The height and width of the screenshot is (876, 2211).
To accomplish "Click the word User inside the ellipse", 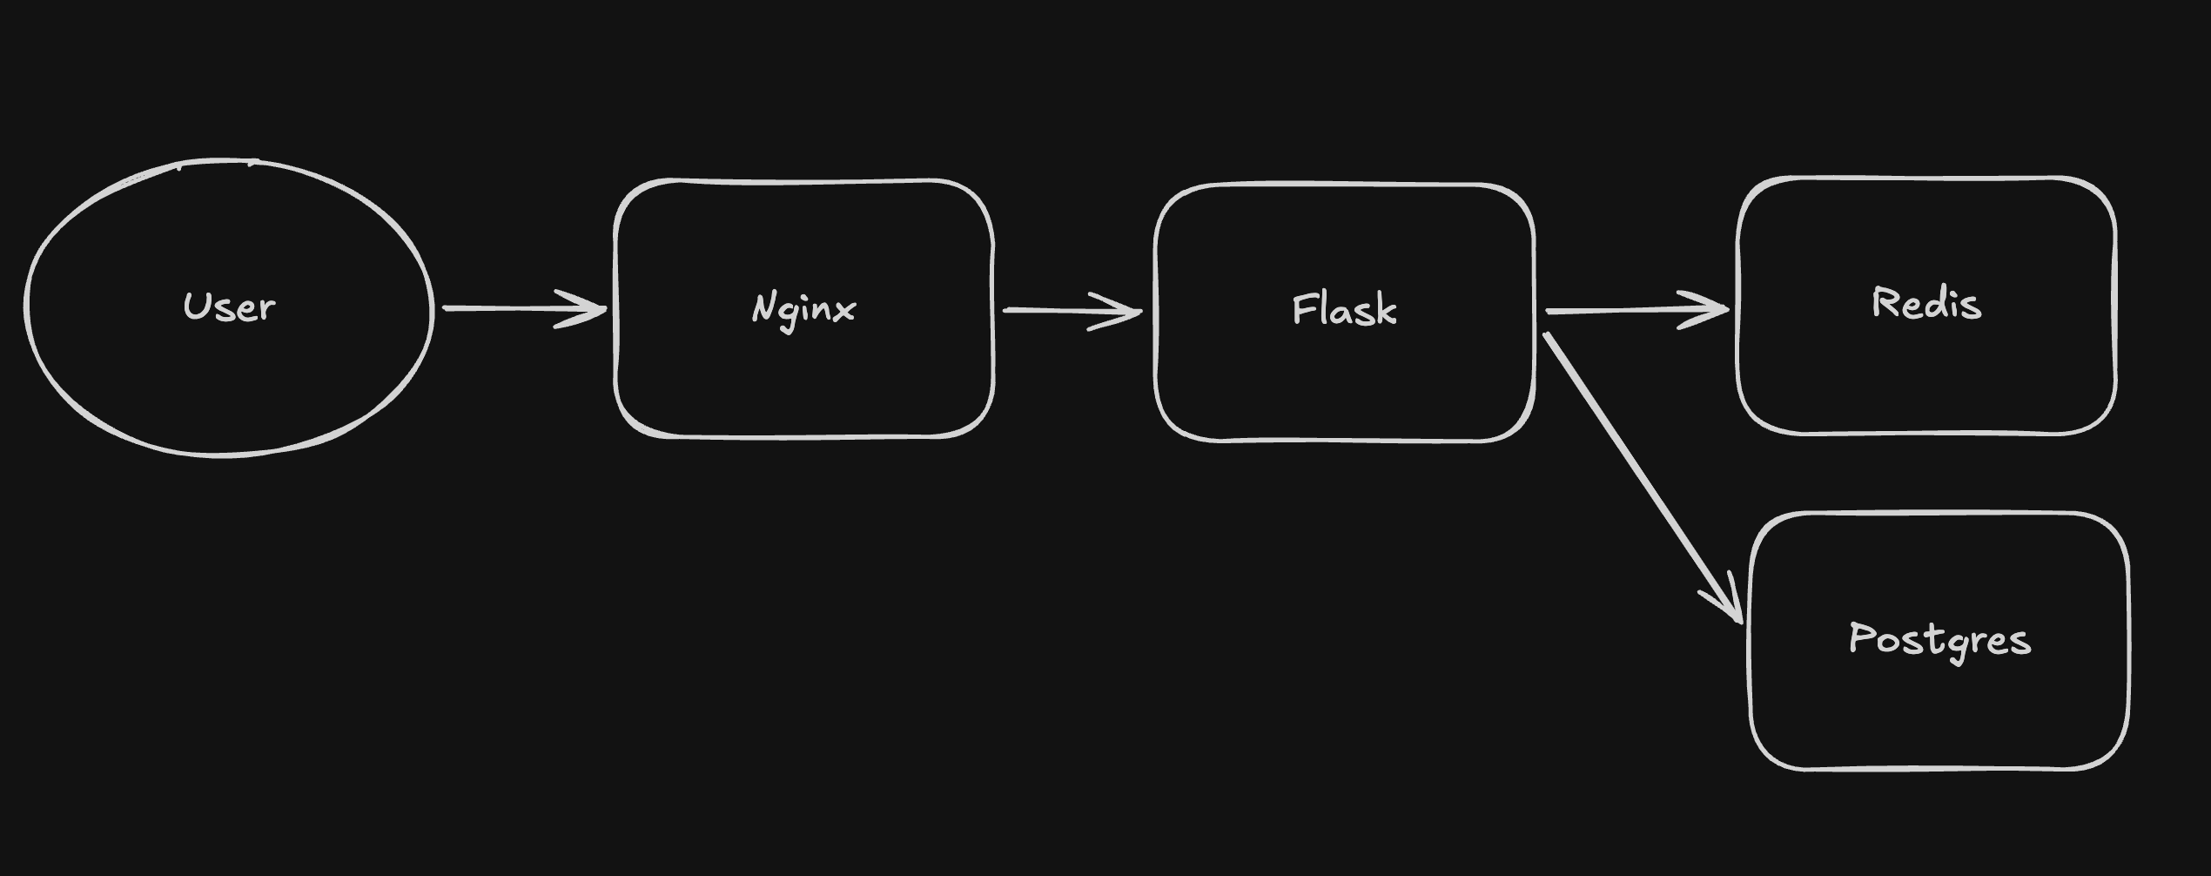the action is coord(229,307).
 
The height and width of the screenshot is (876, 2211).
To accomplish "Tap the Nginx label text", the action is coord(803,309).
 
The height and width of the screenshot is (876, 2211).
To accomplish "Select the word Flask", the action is coord(1344,310).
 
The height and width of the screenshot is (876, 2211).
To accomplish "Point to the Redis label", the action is coord(1926,304).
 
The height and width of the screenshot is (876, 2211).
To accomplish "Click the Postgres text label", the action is coord(1939,640).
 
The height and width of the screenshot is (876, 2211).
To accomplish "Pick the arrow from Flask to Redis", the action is coord(1619,310).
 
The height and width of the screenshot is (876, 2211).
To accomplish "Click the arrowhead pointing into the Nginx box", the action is coord(592,309).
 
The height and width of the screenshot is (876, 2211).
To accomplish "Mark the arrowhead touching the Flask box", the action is coord(1127,311).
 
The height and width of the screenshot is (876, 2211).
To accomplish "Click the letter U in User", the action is coord(196,306).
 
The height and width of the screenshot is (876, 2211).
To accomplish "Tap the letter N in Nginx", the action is coord(763,307).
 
